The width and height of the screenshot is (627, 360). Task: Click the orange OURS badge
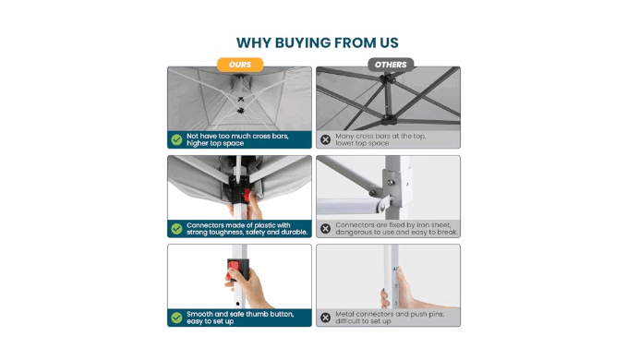(x=240, y=65)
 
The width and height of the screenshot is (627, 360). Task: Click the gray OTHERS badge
(x=391, y=65)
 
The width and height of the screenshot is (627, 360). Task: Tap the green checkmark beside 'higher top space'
(x=176, y=139)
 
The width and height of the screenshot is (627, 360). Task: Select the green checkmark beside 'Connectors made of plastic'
(x=176, y=229)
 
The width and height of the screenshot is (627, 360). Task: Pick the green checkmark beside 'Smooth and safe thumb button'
(x=176, y=318)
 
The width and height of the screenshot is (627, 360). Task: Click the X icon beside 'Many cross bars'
(x=325, y=139)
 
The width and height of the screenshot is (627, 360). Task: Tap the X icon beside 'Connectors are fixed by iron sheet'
(x=325, y=229)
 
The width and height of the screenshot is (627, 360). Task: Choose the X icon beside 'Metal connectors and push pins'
(x=325, y=318)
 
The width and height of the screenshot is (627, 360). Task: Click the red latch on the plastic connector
(x=247, y=196)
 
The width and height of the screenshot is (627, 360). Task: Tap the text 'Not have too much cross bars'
(x=237, y=137)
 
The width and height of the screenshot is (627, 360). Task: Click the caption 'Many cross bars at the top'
(x=380, y=137)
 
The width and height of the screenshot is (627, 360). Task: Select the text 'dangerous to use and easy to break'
(x=397, y=232)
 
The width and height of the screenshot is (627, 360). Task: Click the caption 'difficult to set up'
(x=363, y=321)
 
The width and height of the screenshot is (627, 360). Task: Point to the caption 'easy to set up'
(x=210, y=321)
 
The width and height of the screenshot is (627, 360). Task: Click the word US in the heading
(x=389, y=42)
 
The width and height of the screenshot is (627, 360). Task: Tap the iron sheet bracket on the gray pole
(x=396, y=183)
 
